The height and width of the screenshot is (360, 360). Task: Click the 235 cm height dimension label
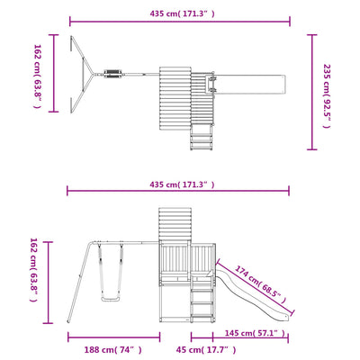327,96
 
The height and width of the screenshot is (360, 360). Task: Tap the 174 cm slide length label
260,284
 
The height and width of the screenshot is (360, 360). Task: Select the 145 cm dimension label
255,333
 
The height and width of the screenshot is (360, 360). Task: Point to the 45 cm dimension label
206,350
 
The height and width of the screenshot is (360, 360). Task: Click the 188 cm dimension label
112,350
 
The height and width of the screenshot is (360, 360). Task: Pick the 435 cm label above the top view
182,13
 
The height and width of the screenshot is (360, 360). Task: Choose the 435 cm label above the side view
182,184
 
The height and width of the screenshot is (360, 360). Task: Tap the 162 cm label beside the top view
37,76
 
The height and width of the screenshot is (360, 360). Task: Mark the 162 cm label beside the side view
33,270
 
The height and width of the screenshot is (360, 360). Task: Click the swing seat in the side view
111,299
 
